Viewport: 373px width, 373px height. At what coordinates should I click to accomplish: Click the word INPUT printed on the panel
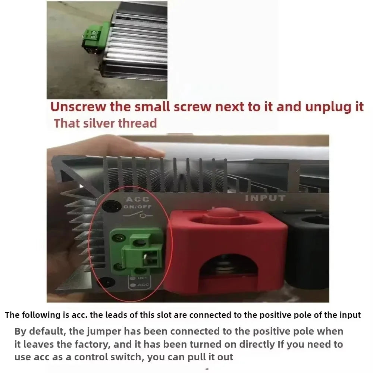click(265, 198)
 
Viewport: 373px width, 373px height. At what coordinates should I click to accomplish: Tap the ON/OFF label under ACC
click(137, 207)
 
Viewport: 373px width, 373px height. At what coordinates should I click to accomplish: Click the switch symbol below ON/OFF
click(138, 215)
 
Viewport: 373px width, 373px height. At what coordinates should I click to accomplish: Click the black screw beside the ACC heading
click(111, 206)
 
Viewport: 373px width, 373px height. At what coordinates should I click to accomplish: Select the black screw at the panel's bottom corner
click(107, 283)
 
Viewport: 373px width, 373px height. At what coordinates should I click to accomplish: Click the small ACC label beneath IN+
click(143, 285)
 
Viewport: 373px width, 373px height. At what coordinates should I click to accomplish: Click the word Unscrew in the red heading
click(78, 107)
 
